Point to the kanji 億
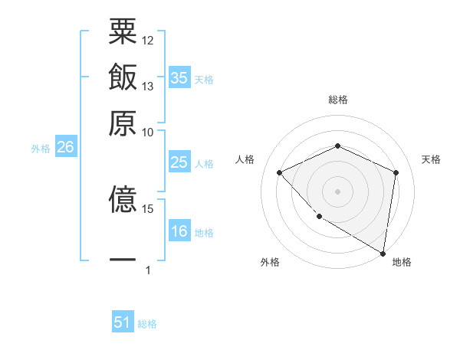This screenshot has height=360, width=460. (x=123, y=201)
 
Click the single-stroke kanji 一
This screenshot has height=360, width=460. (x=123, y=260)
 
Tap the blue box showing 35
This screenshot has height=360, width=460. (x=179, y=78)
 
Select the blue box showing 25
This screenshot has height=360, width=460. (x=179, y=162)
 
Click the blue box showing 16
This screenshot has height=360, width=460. (x=179, y=232)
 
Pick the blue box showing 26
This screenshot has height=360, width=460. (x=65, y=147)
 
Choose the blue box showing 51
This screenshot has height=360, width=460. (x=123, y=322)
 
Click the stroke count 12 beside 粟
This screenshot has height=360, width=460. (x=148, y=39)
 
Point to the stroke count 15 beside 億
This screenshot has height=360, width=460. (x=148, y=208)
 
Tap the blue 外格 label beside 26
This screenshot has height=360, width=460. (x=41, y=149)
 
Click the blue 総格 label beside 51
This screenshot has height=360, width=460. (x=147, y=324)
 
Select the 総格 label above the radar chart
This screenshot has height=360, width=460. (x=337, y=100)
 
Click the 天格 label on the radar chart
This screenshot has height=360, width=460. (x=431, y=159)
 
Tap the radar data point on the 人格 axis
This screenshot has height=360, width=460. (x=280, y=172)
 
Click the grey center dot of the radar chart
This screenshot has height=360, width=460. (x=337, y=191)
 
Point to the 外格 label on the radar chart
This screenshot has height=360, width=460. (x=270, y=262)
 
